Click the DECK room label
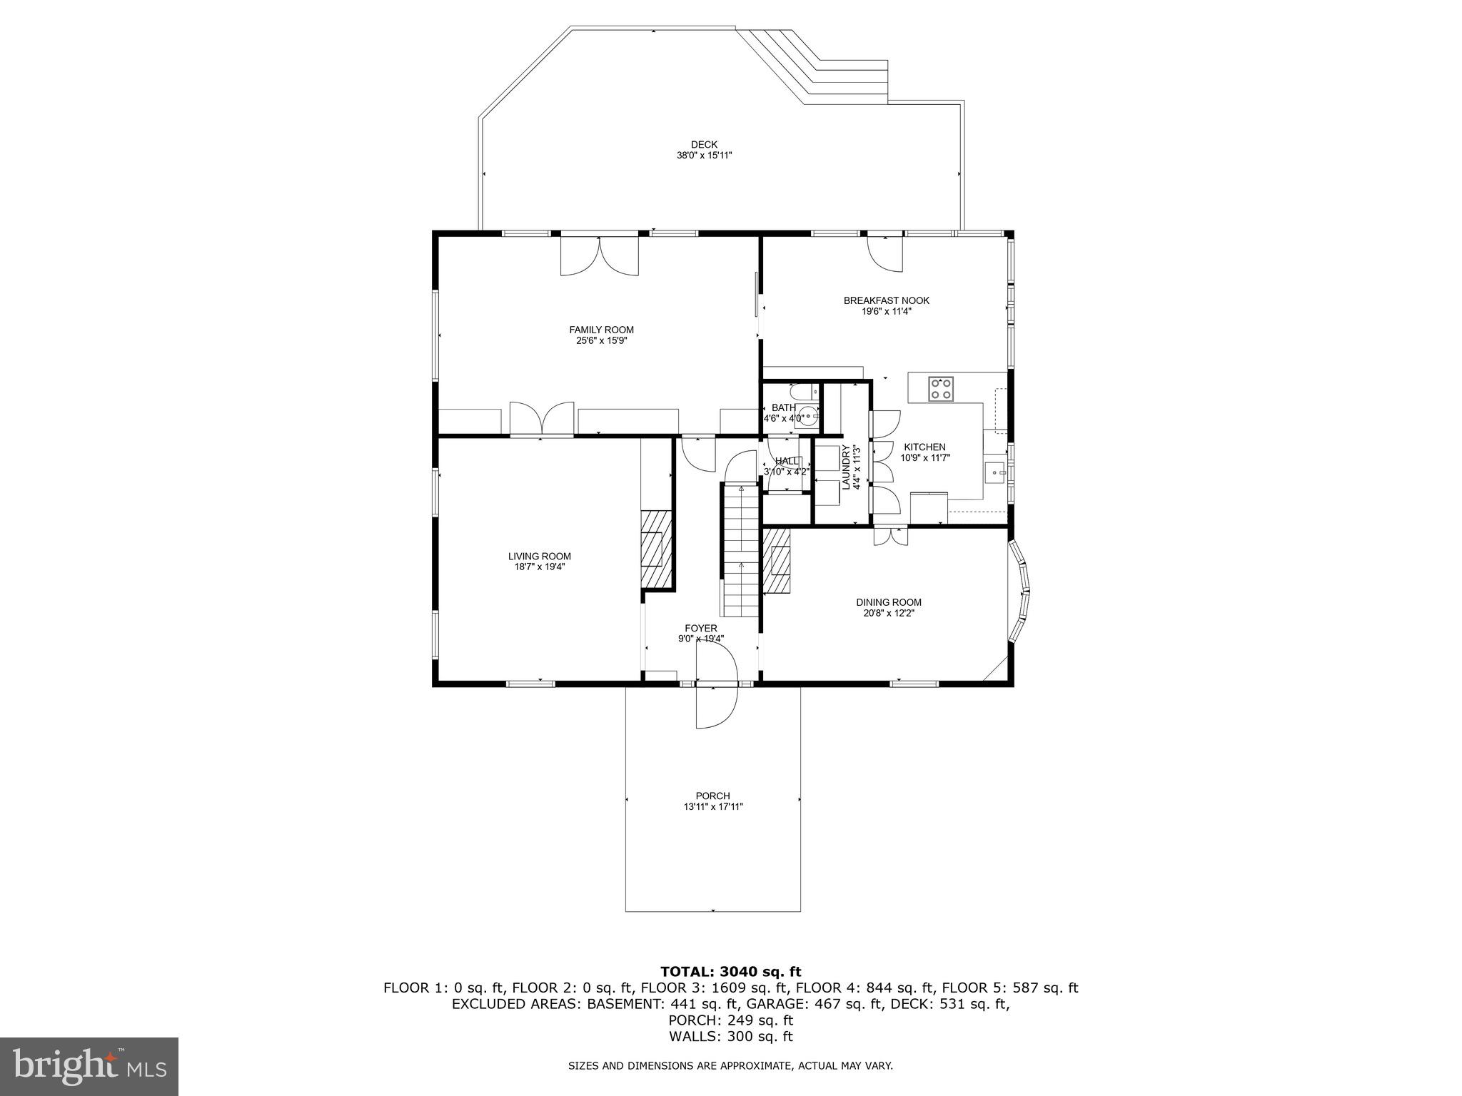pyautogui.click(x=704, y=145)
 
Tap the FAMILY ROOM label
pyautogui.click(x=601, y=330)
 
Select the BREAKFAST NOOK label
pyautogui.click(x=886, y=300)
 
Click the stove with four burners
pyautogui.click(x=940, y=390)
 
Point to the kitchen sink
pyautogui.click(x=994, y=472)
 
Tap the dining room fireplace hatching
pyautogui.click(x=777, y=561)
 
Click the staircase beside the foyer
pyautogui.click(x=740, y=549)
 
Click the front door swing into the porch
pyautogui.click(x=716, y=706)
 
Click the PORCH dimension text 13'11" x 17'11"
pyautogui.click(x=712, y=807)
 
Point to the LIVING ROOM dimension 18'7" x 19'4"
pyautogui.click(x=539, y=567)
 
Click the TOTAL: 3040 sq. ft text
pyautogui.click(x=730, y=972)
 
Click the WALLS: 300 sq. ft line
pyautogui.click(x=730, y=1037)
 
